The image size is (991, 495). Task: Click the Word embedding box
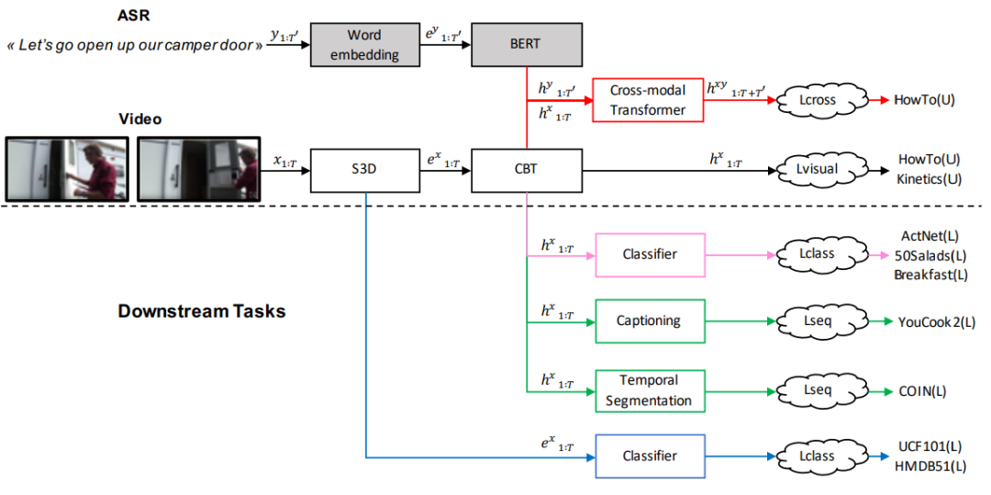coord(363,44)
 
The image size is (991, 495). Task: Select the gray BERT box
coord(526,44)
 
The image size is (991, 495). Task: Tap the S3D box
coord(365,170)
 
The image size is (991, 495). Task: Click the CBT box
coord(526,170)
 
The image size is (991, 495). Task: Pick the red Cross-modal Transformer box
coord(647,100)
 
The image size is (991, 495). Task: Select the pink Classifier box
coord(650,254)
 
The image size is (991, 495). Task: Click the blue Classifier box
coord(650,456)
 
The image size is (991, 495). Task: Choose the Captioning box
coord(650,321)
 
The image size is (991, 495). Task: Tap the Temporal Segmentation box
coord(650,390)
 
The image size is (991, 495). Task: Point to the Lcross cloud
coord(817,100)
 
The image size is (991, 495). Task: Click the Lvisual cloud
coord(817,170)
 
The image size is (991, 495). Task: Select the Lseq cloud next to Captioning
coord(817,321)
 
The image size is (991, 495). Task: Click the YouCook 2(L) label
coord(935,321)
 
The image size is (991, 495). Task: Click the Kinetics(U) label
coord(930,178)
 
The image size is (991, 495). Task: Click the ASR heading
coord(133,15)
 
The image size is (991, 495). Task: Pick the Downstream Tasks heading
coord(201,310)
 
